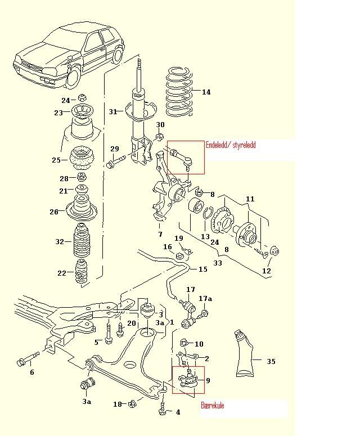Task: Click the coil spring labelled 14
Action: click(x=179, y=92)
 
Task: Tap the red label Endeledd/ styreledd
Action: click(x=231, y=145)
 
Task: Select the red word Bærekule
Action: click(x=213, y=405)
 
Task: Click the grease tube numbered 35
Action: click(x=244, y=354)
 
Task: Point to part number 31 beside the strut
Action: click(x=112, y=111)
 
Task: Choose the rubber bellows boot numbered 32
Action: click(x=82, y=240)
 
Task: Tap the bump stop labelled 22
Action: click(x=82, y=272)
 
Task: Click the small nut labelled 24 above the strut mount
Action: click(x=82, y=97)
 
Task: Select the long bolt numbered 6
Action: click(x=28, y=359)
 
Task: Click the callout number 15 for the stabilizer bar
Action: click(x=203, y=269)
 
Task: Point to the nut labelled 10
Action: click(x=184, y=343)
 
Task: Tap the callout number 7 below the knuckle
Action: click(x=160, y=235)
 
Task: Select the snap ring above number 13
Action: click(x=207, y=213)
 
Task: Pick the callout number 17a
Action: click(x=205, y=299)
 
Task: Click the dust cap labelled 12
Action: click(x=274, y=250)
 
